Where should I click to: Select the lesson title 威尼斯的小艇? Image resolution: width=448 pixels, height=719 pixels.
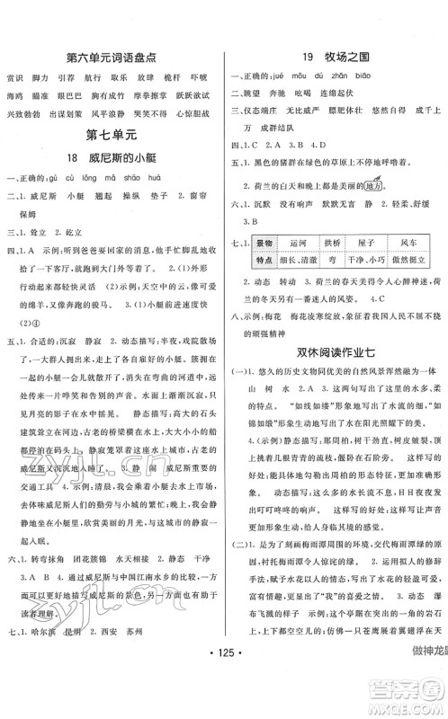125,162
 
